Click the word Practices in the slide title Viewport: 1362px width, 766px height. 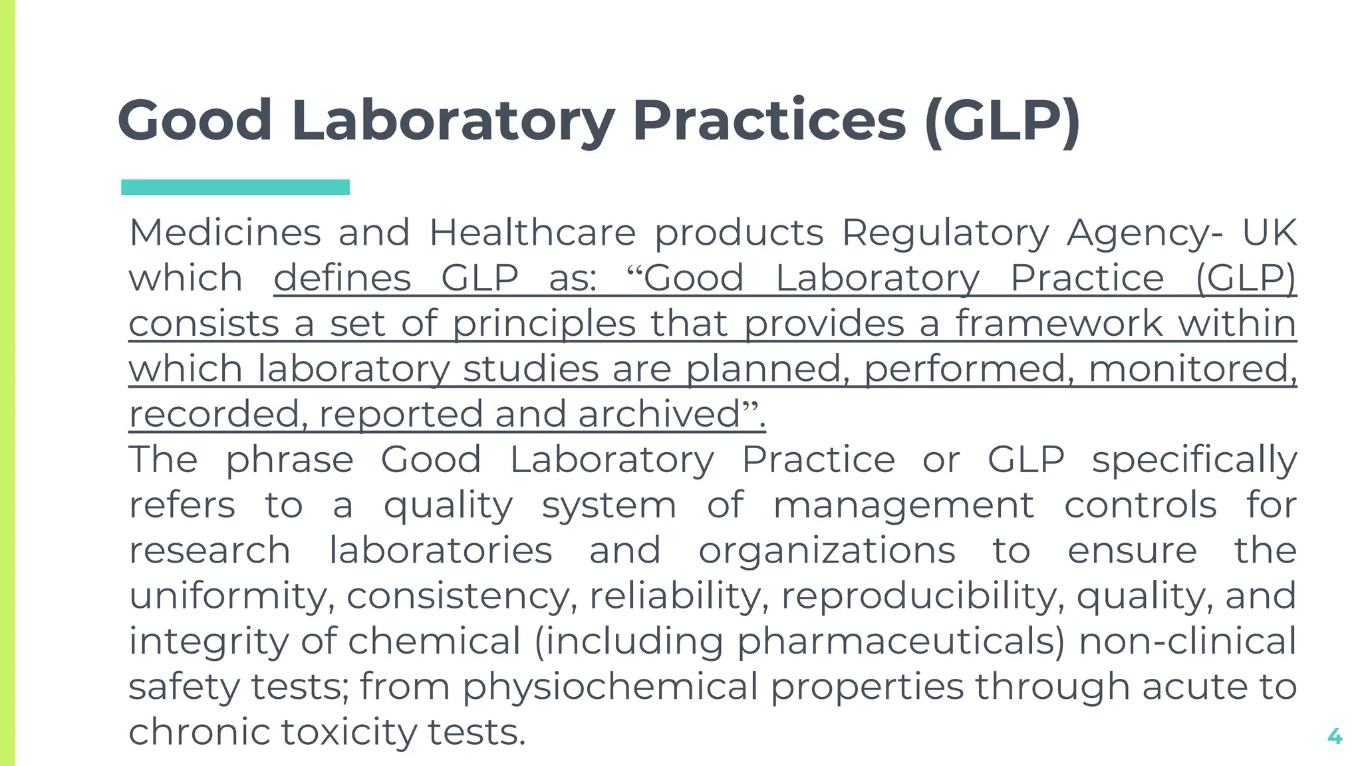[x=769, y=121]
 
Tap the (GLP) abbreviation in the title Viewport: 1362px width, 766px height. [x=1002, y=121]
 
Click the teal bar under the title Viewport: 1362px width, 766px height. [x=235, y=188]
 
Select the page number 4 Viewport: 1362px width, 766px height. [x=1334, y=736]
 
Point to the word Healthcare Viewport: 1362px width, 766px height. [x=533, y=233]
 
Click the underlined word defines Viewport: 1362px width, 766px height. [x=342, y=278]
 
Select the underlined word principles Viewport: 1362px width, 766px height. [x=544, y=324]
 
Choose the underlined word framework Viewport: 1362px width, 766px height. [x=1059, y=324]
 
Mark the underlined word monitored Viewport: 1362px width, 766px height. [x=1192, y=369]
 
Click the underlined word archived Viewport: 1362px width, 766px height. [x=659, y=414]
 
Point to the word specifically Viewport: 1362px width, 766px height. [x=1194, y=460]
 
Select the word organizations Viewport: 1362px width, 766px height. [x=827, y=551]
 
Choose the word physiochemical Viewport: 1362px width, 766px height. [x=611, y=687]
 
